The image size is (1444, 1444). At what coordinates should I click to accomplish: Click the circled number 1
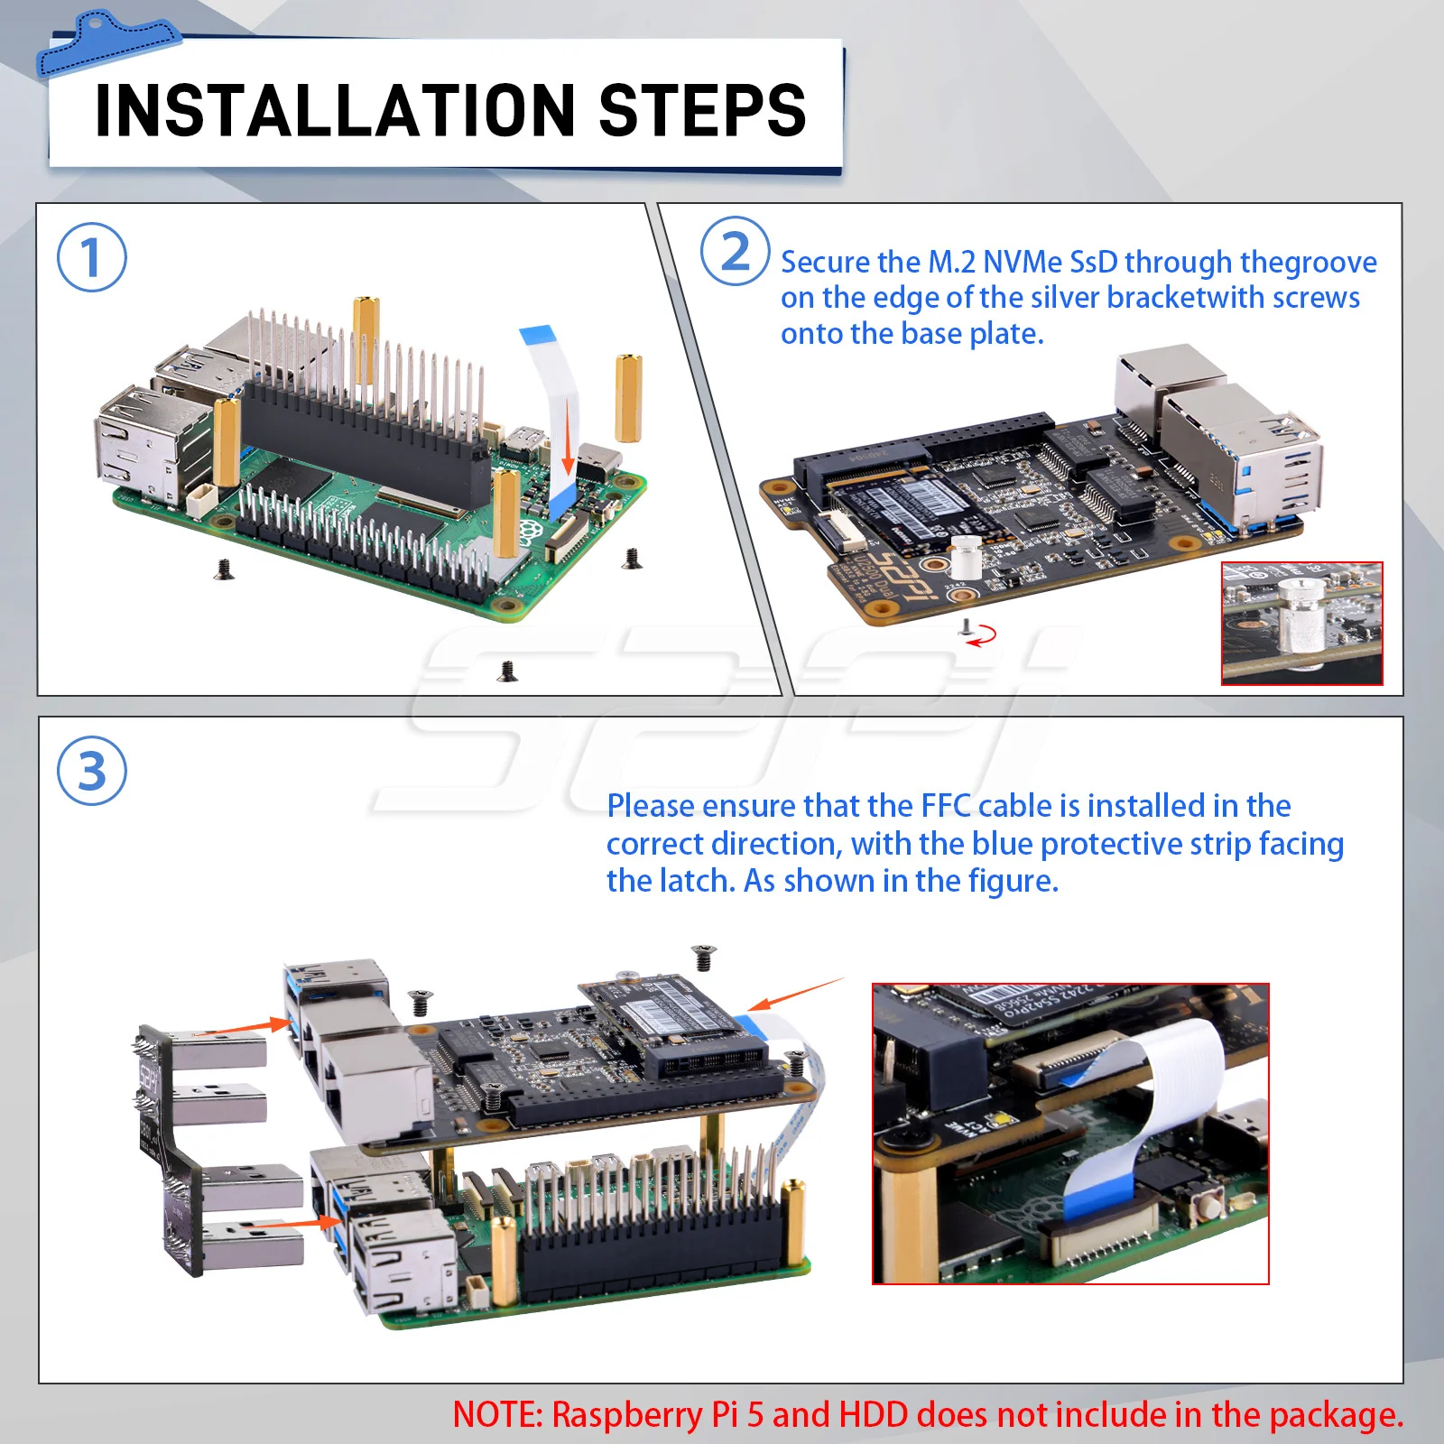(91, 257)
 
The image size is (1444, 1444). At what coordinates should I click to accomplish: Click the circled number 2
(736, 252)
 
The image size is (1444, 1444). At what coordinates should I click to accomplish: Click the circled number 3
(91, 772)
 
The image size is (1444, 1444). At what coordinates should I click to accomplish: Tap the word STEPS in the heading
(702, 111)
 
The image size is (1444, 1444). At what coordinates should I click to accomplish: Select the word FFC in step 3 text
(946, 805)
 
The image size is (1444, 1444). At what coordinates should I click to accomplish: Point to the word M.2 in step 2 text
(952, 262)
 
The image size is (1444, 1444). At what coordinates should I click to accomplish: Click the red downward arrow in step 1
(568, 438)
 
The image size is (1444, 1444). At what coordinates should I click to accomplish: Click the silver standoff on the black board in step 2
(966, 558)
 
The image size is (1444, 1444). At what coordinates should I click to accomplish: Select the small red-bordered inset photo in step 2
(1301, 624)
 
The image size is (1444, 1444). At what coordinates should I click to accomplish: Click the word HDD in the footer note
(873, 1414)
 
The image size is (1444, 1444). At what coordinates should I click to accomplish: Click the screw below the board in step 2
(966, 628)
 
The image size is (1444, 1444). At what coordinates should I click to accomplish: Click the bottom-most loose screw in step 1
(508, 671)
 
